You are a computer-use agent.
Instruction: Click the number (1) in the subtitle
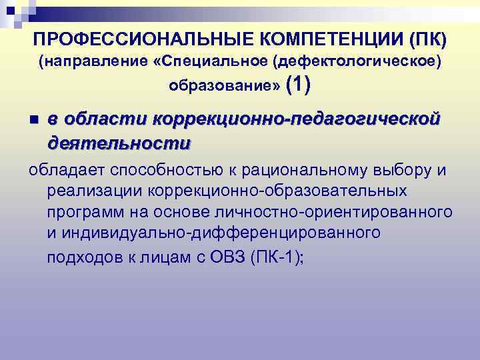pyautogui.click(x=297, y=85)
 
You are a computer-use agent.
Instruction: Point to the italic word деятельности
pyautogui.click(x=119, y=143)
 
